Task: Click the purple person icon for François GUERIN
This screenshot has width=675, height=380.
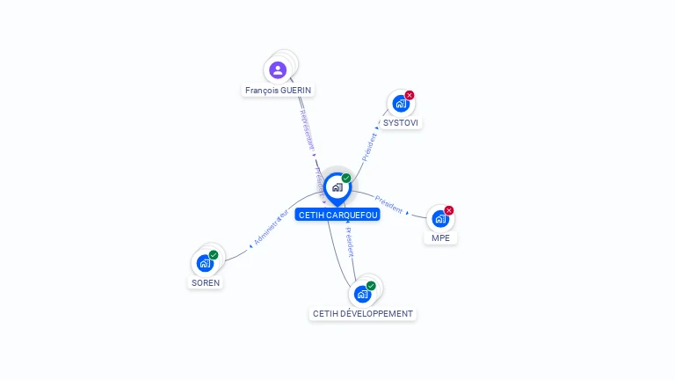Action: point(278,69)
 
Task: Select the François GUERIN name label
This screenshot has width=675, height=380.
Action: point(279,90)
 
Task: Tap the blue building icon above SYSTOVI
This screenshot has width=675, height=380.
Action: point(401,104)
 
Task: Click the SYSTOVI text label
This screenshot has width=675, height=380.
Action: point(401,122)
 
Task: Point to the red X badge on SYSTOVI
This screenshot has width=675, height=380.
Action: point(410,95)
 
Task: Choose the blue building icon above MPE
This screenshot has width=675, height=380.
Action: point(440,219)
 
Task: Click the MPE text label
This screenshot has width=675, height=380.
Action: point(440,237)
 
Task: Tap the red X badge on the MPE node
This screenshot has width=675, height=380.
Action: point(449,210)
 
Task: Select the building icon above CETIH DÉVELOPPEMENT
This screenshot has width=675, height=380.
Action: point(362,295)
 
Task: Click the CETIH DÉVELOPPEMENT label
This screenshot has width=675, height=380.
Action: point(363,314)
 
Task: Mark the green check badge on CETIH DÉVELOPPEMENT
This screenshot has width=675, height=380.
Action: point(371,286)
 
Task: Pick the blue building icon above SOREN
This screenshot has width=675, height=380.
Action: point(205,263)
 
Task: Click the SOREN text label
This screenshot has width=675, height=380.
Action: point(206,282)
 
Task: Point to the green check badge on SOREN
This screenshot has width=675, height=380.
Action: point(214,255)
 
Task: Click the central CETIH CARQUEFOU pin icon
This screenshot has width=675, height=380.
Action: point(337,187)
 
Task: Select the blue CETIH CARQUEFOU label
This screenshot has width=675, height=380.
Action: point(337,215)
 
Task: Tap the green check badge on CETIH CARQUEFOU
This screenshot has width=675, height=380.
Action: point(346,179)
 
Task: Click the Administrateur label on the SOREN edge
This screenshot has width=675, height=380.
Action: point(271,227)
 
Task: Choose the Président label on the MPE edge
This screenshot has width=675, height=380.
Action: point(388,204)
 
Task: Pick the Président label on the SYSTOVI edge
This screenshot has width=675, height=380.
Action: point(369,146)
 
